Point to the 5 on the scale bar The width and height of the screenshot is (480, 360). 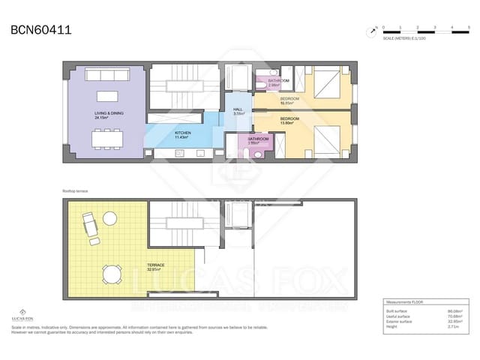[467, 27]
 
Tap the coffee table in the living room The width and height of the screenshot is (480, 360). [106, 97]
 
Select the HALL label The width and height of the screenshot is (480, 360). [238, 111]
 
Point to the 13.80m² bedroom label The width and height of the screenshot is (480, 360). [291, 121]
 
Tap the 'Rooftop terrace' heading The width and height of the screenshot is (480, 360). [76, 191]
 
